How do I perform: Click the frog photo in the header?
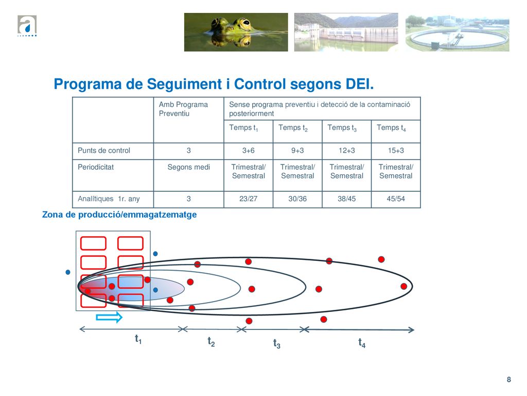pos(236,32)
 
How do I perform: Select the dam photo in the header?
pos(346,32)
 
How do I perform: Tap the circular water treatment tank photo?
pos(458,33)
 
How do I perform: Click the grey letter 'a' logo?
pos(27,25)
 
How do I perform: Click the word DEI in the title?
pos(360,84)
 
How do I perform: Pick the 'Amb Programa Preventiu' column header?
pos(183,109)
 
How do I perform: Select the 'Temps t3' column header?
pos(342,128)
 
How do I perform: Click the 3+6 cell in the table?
pos(249,151)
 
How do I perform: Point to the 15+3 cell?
pos(396,151)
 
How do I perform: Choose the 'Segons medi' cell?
pos(188,167)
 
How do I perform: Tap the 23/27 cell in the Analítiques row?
pos(249,199)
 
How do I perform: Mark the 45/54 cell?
pos(396,199)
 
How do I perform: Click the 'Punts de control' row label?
pos(104,151)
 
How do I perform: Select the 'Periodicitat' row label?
pos(96,167)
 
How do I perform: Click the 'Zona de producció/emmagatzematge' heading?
pos(119,215)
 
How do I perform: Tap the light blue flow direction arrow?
pos(109,317)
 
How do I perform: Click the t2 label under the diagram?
pos(211,342)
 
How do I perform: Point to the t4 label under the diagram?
pos(362,343)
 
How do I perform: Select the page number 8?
pos(509,379)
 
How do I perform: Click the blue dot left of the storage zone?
pos(68,272)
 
